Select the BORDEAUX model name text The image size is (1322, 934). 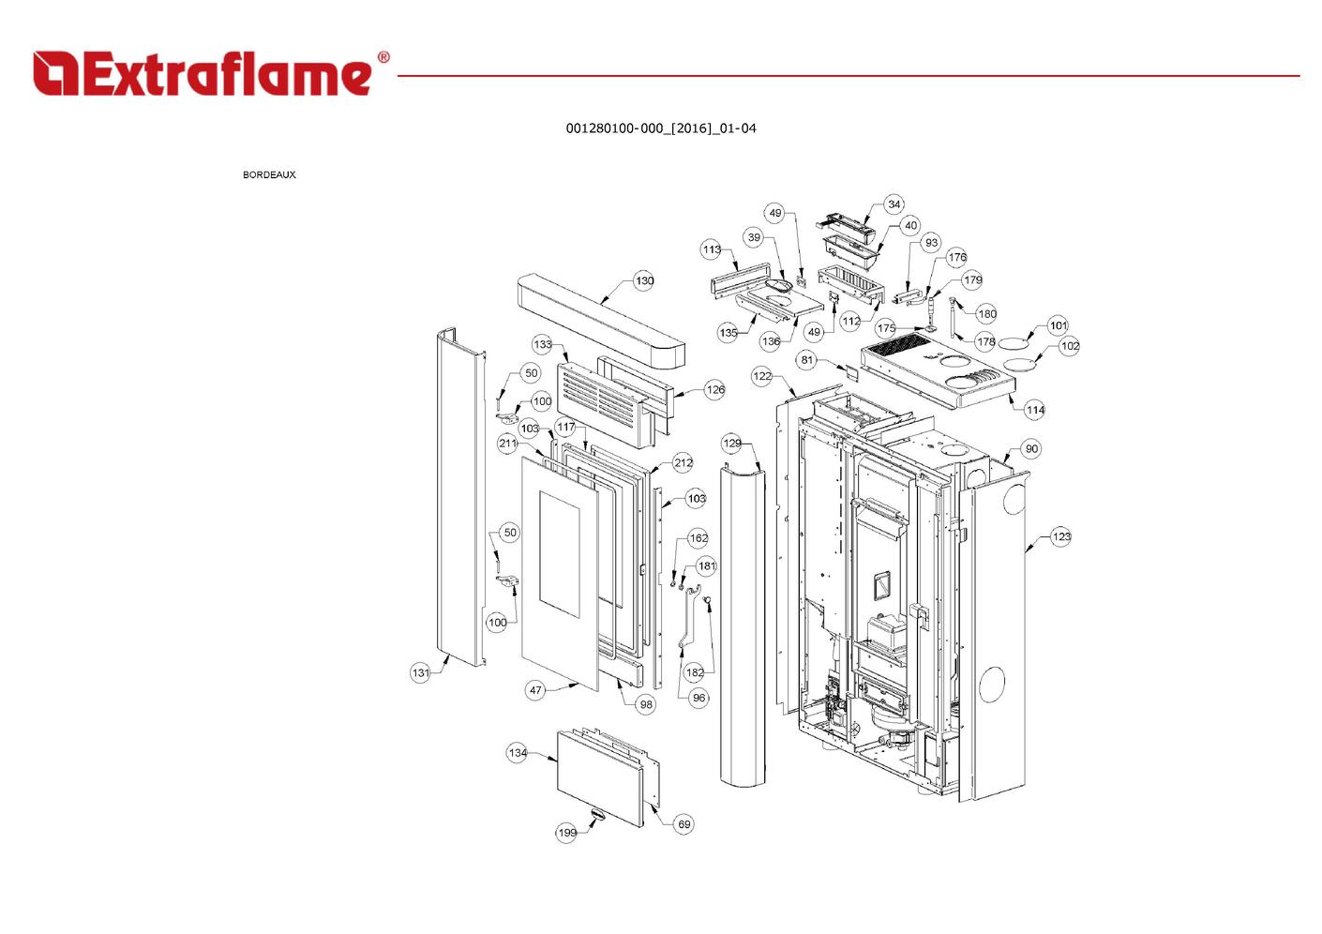point(269,174)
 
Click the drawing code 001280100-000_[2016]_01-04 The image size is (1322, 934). point(660,128)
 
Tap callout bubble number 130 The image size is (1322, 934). point(644,280)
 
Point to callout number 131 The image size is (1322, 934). point(421,672)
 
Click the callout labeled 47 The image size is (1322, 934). point(535,690)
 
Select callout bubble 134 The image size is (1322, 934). point(518,752)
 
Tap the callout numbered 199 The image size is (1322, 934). point(567,832)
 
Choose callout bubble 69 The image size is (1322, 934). point(684,824)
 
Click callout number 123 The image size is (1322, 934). point(1060,536)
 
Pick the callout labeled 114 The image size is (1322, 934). point(1035,410)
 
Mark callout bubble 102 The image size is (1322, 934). point(1070,346)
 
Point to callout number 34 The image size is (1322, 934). point(894,204)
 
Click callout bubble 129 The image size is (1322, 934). point(732,443)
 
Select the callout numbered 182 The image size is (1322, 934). point(695,672)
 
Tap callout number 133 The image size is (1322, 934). point(543,344)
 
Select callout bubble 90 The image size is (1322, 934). point(1031,449)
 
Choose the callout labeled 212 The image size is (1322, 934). point(684,462)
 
